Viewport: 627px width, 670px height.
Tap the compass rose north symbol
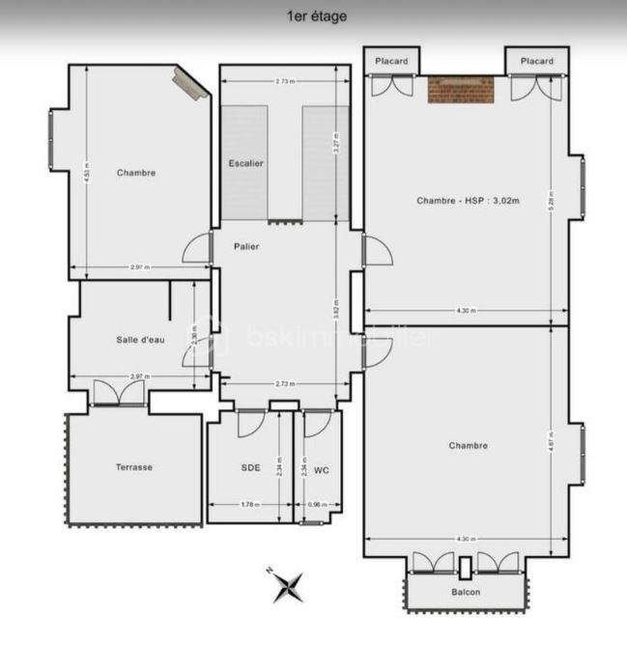click(287, 585)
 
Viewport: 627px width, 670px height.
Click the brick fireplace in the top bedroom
click(461, 90)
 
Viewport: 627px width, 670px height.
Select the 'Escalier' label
click(245, 163)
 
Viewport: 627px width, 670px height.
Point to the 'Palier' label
click(246, 246)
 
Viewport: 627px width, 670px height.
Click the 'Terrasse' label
click(134, 467)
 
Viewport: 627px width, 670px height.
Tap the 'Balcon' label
click(467, 592)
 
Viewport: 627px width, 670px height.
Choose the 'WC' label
click(322, 470)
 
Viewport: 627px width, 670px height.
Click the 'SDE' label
click(250, 467)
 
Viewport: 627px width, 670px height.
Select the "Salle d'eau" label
click(141, 339)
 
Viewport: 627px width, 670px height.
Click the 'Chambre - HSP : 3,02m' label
click(469, 201)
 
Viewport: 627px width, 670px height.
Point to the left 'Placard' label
click(392, 61)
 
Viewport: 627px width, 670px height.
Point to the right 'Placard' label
click(537, 61)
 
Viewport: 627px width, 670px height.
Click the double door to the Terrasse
click(118, 393)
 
